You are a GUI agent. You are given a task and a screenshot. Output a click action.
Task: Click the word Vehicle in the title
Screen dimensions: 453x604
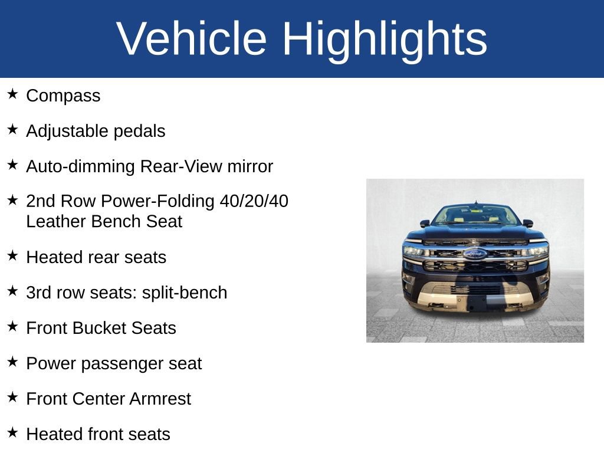(x=192, y=39)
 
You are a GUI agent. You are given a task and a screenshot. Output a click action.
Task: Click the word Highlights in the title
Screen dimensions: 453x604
(x=385, y=39)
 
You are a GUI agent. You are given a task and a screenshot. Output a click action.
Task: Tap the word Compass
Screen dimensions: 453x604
(x=63, y=96)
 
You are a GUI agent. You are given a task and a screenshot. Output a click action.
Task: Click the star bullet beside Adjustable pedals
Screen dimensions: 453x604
(x=13, y=130)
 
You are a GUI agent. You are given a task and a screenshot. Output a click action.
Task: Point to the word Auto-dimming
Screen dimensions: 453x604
(x=81, y=166)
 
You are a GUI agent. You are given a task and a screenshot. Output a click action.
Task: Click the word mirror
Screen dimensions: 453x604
(x=250, y=166)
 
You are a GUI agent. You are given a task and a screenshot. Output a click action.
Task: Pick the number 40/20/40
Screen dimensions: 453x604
(x=254, y=201)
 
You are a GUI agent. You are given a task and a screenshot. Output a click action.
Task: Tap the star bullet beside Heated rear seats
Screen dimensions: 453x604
(x=13, y=256)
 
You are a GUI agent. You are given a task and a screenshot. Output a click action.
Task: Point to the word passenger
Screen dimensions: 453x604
(x=117, y=363)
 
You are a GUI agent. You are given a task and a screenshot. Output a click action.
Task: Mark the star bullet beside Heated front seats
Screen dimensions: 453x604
(x=13, y=433)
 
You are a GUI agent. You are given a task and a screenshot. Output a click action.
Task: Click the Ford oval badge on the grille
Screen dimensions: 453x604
(x=475, y=254)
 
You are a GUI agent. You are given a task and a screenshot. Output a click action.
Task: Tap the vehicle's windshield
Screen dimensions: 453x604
(x=475, y=215)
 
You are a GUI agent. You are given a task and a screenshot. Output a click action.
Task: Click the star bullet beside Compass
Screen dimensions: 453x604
(x=13, y=94)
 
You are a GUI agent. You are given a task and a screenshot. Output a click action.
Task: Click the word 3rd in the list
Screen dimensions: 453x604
(x=38, y=293)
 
